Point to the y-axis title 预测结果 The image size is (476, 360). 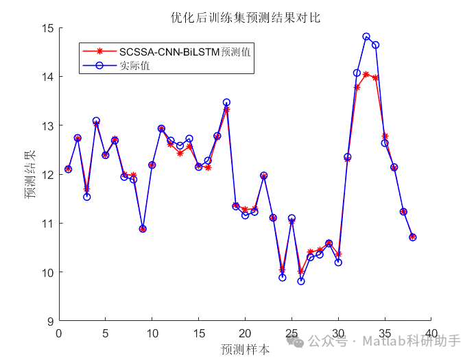coord(30,174)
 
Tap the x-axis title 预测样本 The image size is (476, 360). coord(245,349)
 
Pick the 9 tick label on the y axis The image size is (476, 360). coord(49,321)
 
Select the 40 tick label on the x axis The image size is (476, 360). coord(431,333)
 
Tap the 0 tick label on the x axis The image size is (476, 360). coord(59,333)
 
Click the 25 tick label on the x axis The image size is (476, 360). coord(291,333)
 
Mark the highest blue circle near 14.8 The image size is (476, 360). coord(366,37)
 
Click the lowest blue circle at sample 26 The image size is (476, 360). coord(301,281)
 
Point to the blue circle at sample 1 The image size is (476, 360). coord(69,169)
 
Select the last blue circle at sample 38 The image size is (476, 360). coord(413,237)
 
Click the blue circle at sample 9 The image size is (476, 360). coord(143,229)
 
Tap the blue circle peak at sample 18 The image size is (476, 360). coord(226,102)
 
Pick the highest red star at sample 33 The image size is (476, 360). coord(366,74)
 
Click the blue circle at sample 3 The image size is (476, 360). coord(87,197)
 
